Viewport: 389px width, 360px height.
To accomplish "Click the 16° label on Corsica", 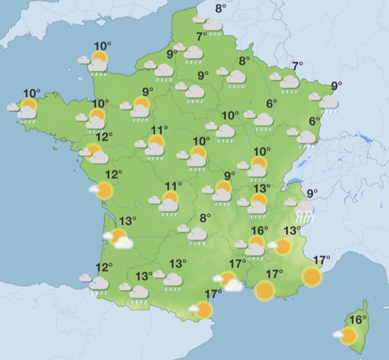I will tap(359, 319).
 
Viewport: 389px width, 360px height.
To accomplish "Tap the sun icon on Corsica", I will tap(348, 335).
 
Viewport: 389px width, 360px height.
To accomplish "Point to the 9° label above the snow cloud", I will tap(312, 194).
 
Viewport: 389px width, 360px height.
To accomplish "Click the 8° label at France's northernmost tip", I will tap(221, 8).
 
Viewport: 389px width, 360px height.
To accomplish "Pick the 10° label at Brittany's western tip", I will tap(32, 94).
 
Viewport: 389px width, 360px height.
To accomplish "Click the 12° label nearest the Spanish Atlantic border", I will tap(104, 266).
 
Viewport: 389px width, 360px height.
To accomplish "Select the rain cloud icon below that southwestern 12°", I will tap(98, 284).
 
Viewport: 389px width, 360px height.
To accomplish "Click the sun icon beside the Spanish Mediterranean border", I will tap(204, 310).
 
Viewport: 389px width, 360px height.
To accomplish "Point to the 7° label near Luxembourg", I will tap(297, 66).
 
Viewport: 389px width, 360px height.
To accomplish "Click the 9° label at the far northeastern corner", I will tap(336, 86).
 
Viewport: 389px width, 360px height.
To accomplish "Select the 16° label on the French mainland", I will tap(260, 230).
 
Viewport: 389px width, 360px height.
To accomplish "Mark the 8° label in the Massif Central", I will tap(205, 217).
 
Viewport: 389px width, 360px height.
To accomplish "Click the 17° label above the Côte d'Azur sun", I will tap(320, 260).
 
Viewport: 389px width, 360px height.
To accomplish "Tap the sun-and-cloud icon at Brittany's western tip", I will tap(27, 111).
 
